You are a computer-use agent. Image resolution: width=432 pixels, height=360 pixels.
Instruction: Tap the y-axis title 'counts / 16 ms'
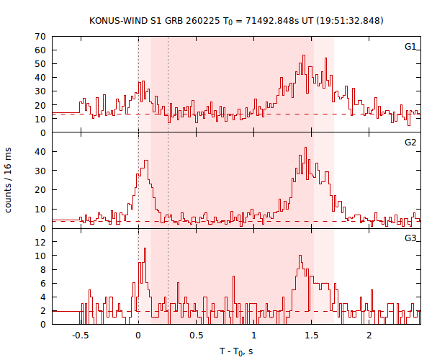[x=9, y=180]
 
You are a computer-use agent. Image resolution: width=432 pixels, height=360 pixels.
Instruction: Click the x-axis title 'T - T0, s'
[x=236, y=351]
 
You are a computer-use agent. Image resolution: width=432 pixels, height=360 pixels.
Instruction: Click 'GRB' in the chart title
[x=180, y=21]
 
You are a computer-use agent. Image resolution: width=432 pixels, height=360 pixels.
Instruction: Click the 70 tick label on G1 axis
[x=40, y=37]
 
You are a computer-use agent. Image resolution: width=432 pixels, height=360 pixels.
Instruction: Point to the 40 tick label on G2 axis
[x=40, y=152]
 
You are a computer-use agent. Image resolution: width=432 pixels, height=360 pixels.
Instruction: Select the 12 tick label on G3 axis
[x=40, y=243]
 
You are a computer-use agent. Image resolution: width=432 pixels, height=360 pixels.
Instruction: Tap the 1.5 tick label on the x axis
[x=311, y=336]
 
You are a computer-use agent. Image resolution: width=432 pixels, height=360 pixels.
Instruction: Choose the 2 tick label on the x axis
[x=369, y=336]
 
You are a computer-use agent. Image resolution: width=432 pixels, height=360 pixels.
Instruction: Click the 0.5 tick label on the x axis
[x=196, y=336]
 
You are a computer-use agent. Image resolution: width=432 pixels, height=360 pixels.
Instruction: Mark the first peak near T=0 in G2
[x=146, y=161]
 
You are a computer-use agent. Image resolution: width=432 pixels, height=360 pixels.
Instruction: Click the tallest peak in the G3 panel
[x=145, y=248]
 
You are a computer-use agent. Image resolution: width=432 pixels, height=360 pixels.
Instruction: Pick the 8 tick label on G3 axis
[x=42, y=270]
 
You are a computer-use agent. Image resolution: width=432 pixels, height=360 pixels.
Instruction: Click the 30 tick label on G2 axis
[x=40, y=171]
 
